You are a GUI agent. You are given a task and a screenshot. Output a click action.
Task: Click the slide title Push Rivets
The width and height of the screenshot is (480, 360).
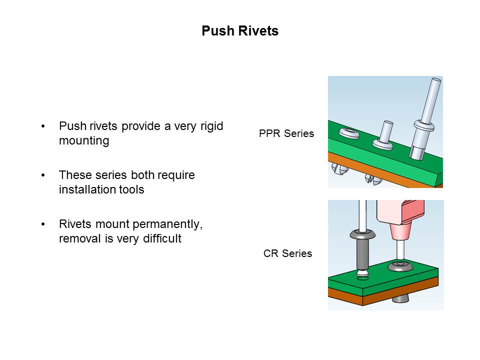point(240,31)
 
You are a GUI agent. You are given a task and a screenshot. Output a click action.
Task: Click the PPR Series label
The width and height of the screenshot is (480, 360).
point(286,133)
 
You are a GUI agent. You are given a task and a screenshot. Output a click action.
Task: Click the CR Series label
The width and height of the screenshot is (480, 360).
point(287,253)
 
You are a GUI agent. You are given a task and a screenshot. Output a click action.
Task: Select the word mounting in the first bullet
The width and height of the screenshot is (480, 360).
point(84,141)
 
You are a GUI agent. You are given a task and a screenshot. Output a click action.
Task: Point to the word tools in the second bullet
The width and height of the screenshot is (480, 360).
point(130,190)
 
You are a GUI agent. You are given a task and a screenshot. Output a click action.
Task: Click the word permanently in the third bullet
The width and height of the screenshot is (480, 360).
point(169,224)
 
